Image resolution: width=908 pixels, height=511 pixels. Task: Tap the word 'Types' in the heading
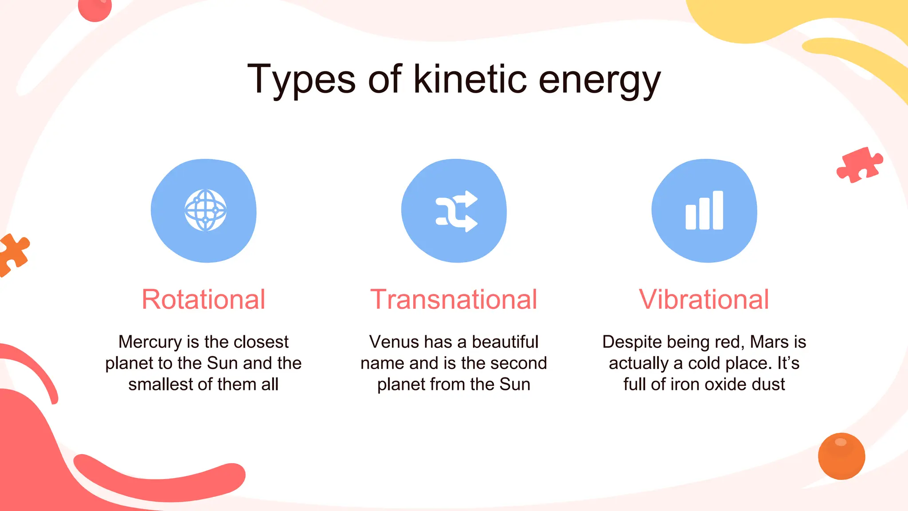pyautogui.click(x=301, y=80)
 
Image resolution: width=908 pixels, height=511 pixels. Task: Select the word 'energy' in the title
pyautogui.click(x=599, y=81)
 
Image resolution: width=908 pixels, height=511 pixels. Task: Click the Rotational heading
pyautogui.click(x=204, y=299)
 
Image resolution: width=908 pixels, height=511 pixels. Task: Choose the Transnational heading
pyautogui.click(x=454, y=299)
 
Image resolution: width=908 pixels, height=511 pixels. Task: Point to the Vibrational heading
pyautogui.click(x=704, y=299)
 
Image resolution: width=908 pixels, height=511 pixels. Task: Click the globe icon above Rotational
pyautogui.click(x=205, y=210)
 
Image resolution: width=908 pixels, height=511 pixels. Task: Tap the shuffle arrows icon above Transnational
pyautogui.click(x=457, y=211)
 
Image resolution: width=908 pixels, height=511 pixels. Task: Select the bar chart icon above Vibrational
pyautogui.click(x=704, y=210)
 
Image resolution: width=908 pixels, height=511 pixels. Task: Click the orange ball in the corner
pyautogui.click(x=841, y=456)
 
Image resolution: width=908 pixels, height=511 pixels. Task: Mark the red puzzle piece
pyautogui.click(x=859, y=165)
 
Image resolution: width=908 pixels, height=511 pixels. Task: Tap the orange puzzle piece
pyautogui.click(x=13, y=254)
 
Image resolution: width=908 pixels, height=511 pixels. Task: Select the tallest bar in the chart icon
pyautogui.click(x=718, y=210)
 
